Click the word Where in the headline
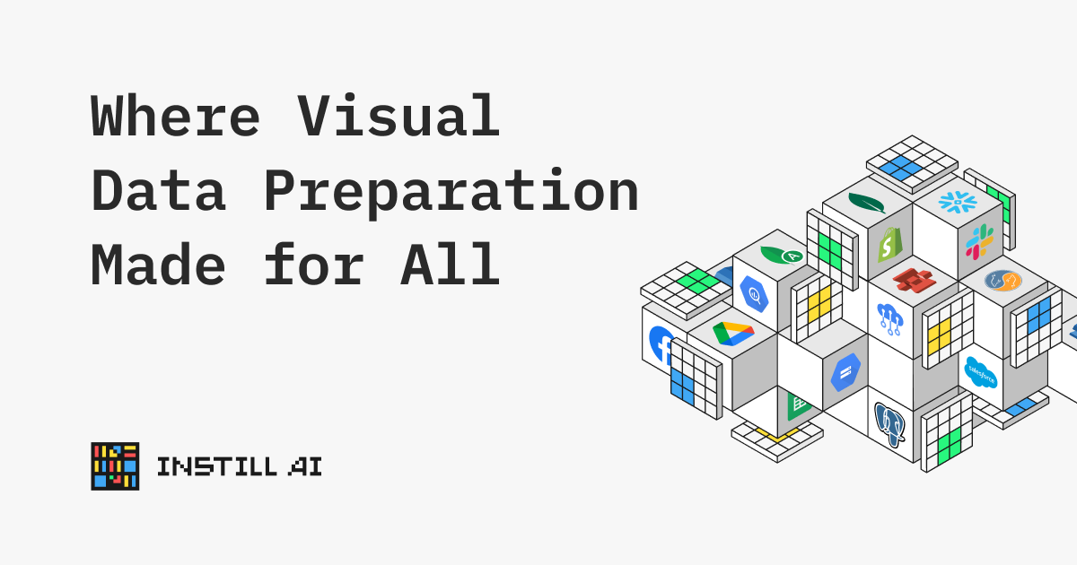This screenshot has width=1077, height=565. pos(176,116)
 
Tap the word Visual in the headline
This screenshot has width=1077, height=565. pos(398,116)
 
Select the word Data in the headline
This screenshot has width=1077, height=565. pos(159,190)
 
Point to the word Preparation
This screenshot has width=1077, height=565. pos(451,193)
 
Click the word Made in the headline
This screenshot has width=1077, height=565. pos(158,265)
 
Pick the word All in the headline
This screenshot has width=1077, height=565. pos(450,265)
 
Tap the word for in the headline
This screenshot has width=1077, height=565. pos(314,265)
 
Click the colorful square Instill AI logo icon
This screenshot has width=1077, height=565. pos(115,466)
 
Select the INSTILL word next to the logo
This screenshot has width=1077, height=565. pos(217,466)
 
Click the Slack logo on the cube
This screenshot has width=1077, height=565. pos(979,241)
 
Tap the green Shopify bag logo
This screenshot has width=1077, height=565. pos(889,245)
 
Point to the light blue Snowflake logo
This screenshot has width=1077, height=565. pos(958,202)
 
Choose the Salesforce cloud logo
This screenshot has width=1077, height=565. pos(981,372)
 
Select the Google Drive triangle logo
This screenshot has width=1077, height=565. pos(733,334)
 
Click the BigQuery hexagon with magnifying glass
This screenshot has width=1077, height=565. pos(754,294)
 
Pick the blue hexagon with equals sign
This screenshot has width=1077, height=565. pos(845,372)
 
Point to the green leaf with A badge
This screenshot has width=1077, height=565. pos(782,255)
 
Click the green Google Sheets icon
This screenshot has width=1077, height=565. pos(798,406)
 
